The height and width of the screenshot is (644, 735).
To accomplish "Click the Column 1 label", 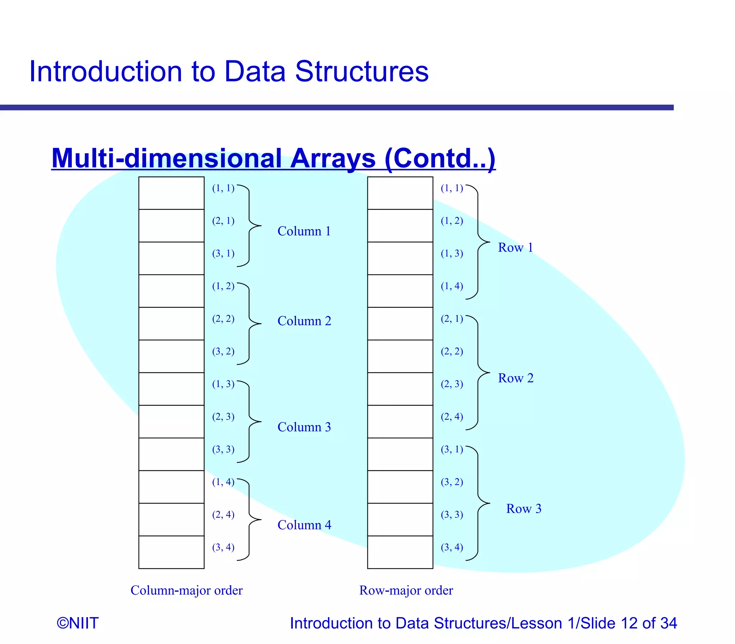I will (x=304, y=231).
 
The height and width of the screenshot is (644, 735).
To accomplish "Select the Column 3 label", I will (x=304, y=427).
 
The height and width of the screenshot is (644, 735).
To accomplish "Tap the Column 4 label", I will (x=304, y=525).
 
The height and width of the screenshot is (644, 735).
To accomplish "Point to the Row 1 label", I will (x=515, y=248).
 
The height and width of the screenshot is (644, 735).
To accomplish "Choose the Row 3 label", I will (x=523, y=508).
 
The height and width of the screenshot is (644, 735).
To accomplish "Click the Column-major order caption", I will (x=186, y=591).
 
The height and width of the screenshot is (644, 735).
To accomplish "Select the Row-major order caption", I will (x=406, y=591).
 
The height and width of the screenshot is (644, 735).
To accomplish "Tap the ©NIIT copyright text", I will (x=78, y=623).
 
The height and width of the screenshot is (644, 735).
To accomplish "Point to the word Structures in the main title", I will (x=361, y=71).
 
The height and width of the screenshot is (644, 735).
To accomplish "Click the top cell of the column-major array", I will (x=172, y=193).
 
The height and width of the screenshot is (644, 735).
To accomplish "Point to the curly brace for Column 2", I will (x=250, y=324).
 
